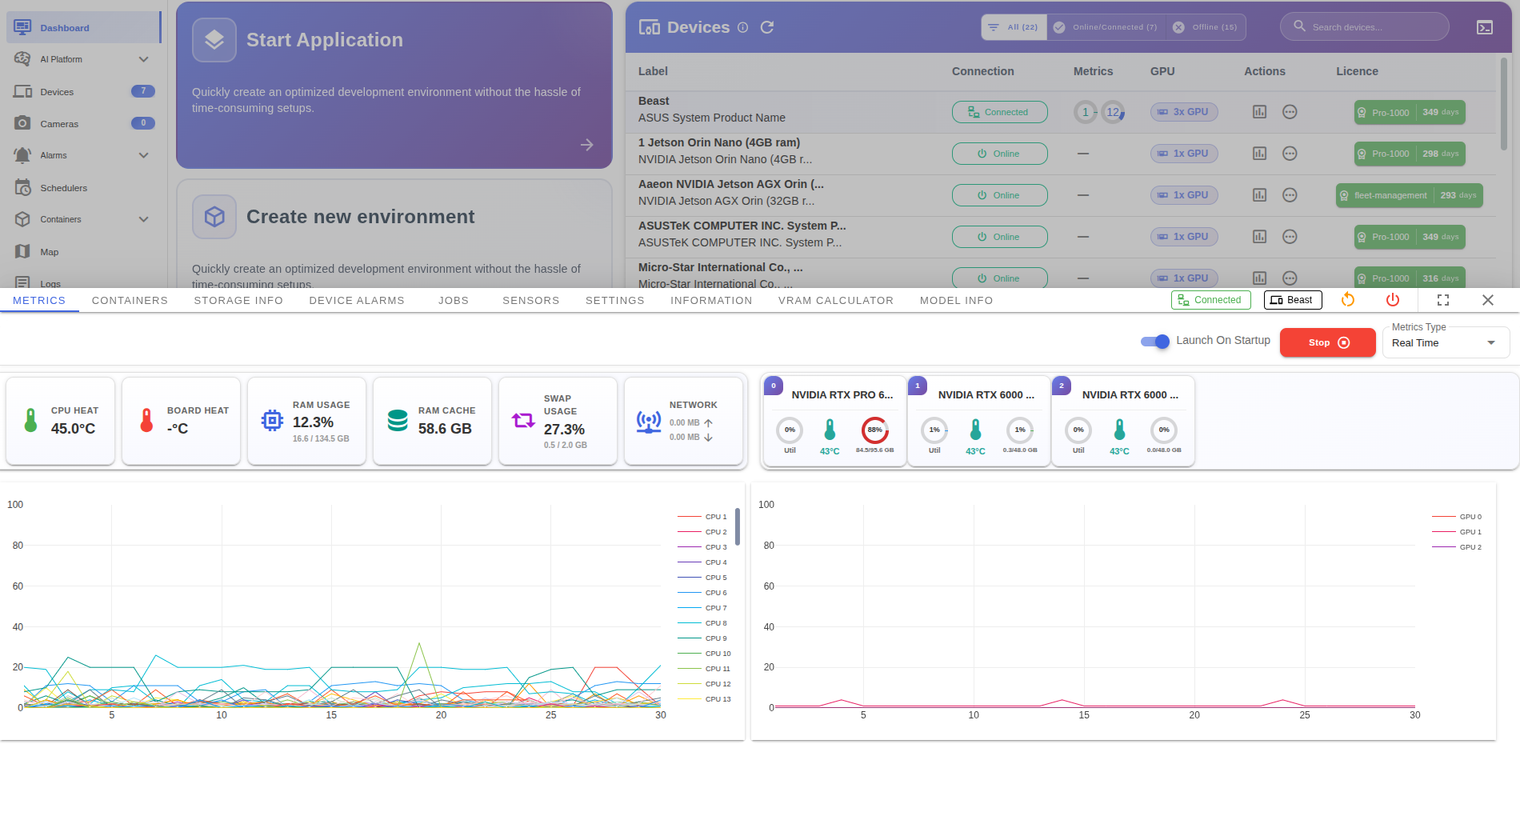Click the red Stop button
pos(1327,342)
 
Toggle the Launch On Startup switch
pos(1155,342)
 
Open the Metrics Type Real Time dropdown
pos(1445,343)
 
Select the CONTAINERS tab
pos(130,301)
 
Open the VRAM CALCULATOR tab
pos(835,301)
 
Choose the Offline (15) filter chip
pos(1206,27)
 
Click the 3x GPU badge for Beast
pos(1184,112)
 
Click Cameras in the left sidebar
pos(59,124)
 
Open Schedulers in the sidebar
pos(63,188)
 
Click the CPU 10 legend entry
pos(717,654)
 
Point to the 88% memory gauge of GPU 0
pos(874,430)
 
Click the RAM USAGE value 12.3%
pos(313,422)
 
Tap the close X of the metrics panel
pos(1487,300)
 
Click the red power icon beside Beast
pos(1393,300)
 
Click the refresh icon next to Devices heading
pos(766,27)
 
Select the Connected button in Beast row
pos(999,112)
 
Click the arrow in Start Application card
pos(586,145)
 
